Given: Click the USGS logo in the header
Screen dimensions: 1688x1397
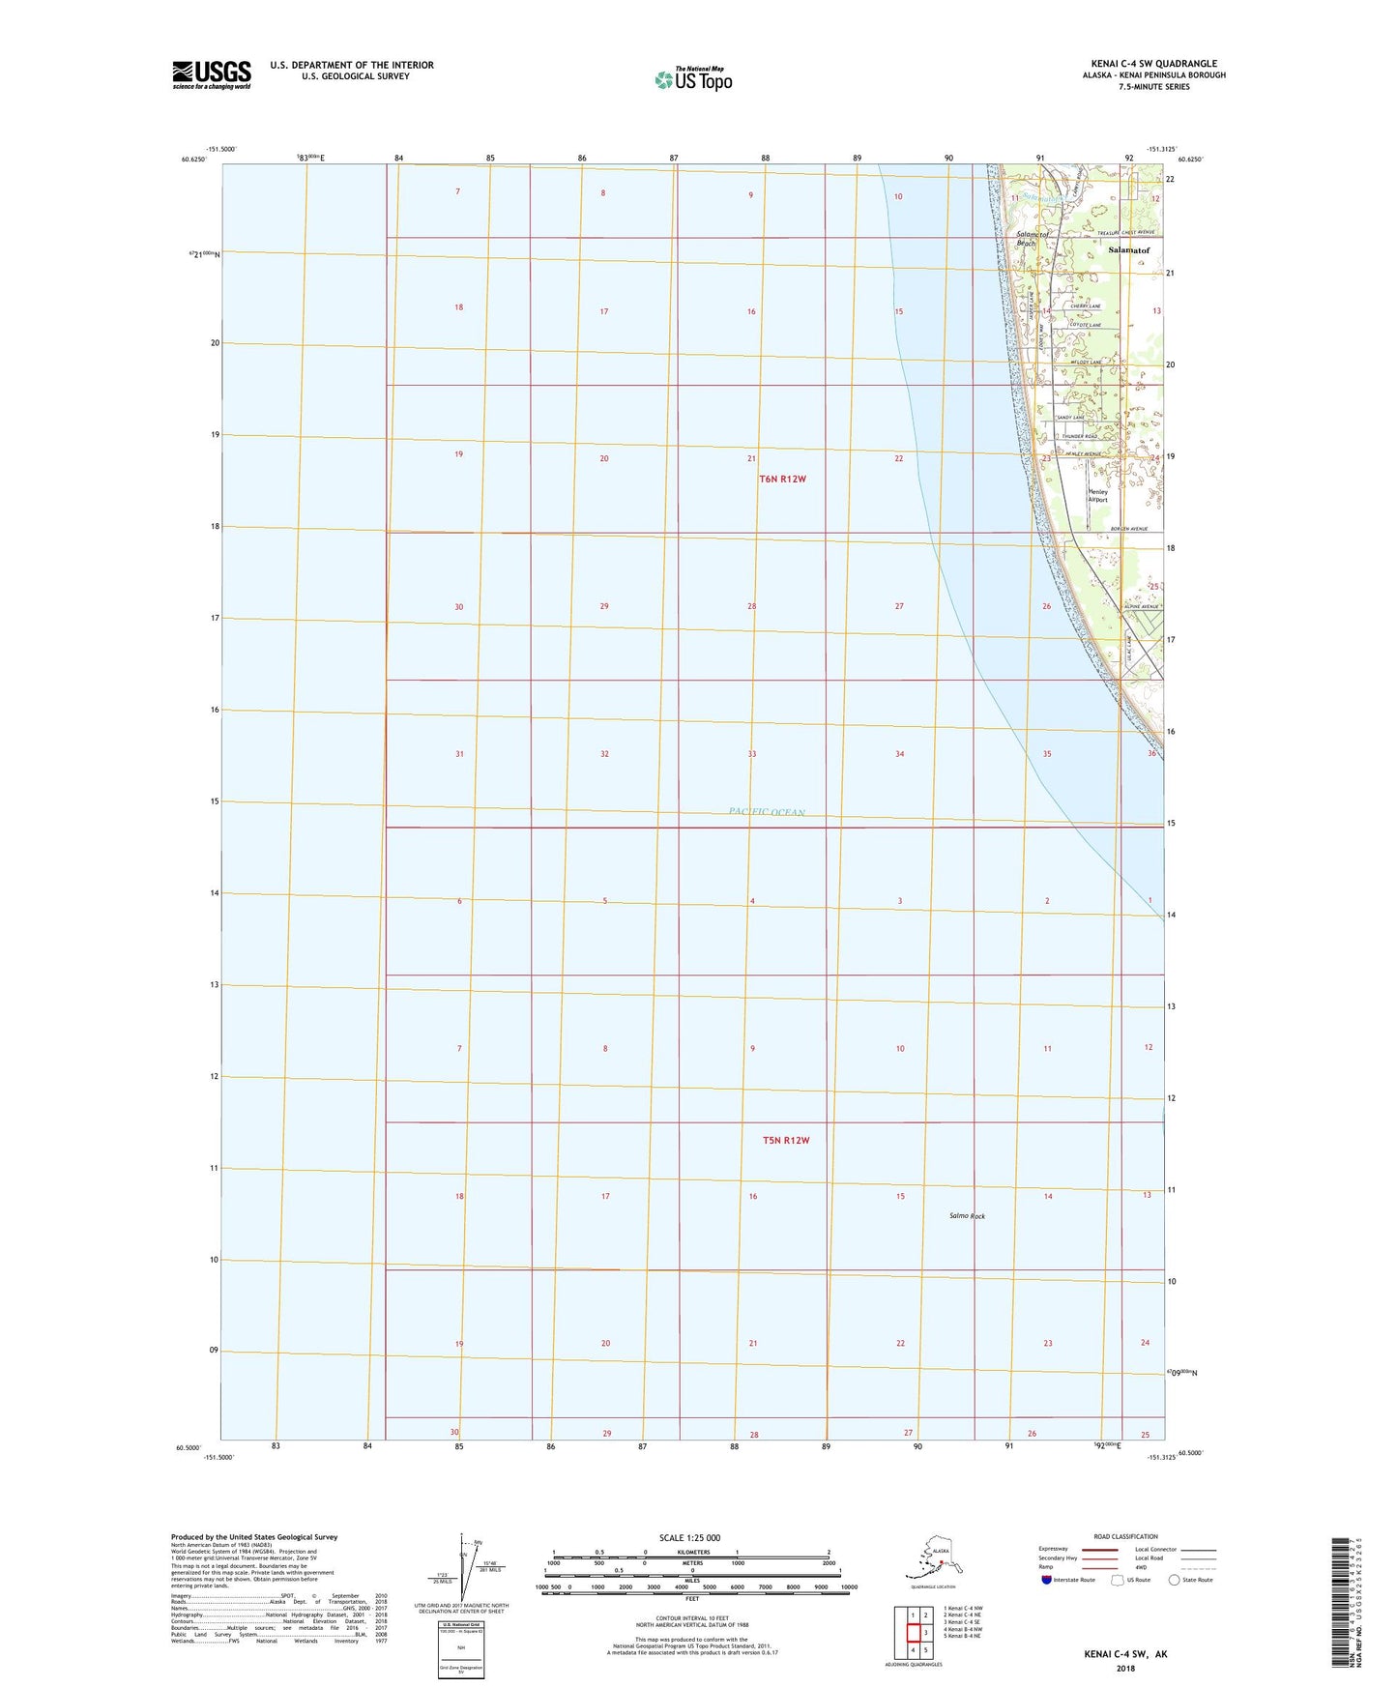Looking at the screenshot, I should (212, 74).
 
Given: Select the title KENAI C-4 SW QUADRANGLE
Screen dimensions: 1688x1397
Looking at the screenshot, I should (1153, 64).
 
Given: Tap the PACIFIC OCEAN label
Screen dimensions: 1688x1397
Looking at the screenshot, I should (767, 812).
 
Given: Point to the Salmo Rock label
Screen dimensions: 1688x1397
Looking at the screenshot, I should (967, 1216).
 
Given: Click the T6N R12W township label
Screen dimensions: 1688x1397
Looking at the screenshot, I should (782, 480).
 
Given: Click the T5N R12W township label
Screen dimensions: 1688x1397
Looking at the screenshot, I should (785, 1141).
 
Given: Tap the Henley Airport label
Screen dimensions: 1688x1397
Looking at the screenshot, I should (1098, 495).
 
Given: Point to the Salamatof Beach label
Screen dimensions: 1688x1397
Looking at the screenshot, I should (1025, 239).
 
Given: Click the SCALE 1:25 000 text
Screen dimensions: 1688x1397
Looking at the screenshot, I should (690, 1538).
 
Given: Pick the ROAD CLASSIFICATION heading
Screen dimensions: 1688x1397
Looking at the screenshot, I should (1125, 1536).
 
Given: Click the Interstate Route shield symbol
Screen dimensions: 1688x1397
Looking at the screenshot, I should (1046, 1579).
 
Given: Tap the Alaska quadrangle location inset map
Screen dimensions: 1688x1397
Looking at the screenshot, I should (932, 1562).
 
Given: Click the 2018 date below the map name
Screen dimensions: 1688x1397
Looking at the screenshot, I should (1125, 1667).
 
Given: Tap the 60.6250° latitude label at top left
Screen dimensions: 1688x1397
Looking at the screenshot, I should (193, 160).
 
